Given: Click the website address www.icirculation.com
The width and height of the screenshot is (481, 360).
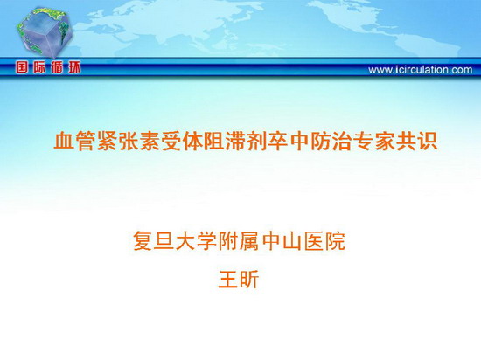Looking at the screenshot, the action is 421,70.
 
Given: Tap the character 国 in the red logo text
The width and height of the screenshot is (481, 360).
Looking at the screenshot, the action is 22,67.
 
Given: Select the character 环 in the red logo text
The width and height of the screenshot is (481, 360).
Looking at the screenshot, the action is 74,67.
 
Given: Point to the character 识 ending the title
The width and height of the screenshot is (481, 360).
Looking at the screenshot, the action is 428,141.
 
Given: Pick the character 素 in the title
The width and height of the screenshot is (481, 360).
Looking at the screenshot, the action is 150,141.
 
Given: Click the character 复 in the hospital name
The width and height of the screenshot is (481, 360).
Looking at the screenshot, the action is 143,241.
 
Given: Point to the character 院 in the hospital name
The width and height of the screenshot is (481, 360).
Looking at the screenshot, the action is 336,241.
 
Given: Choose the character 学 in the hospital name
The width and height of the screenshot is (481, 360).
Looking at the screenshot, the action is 207,241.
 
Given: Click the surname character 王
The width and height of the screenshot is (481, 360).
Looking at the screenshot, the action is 228,279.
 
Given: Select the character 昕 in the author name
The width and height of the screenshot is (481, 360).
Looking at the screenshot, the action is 248,279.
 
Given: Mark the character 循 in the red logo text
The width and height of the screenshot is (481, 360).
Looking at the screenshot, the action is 57,67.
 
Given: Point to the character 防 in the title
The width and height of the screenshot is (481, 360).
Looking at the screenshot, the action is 321,141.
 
